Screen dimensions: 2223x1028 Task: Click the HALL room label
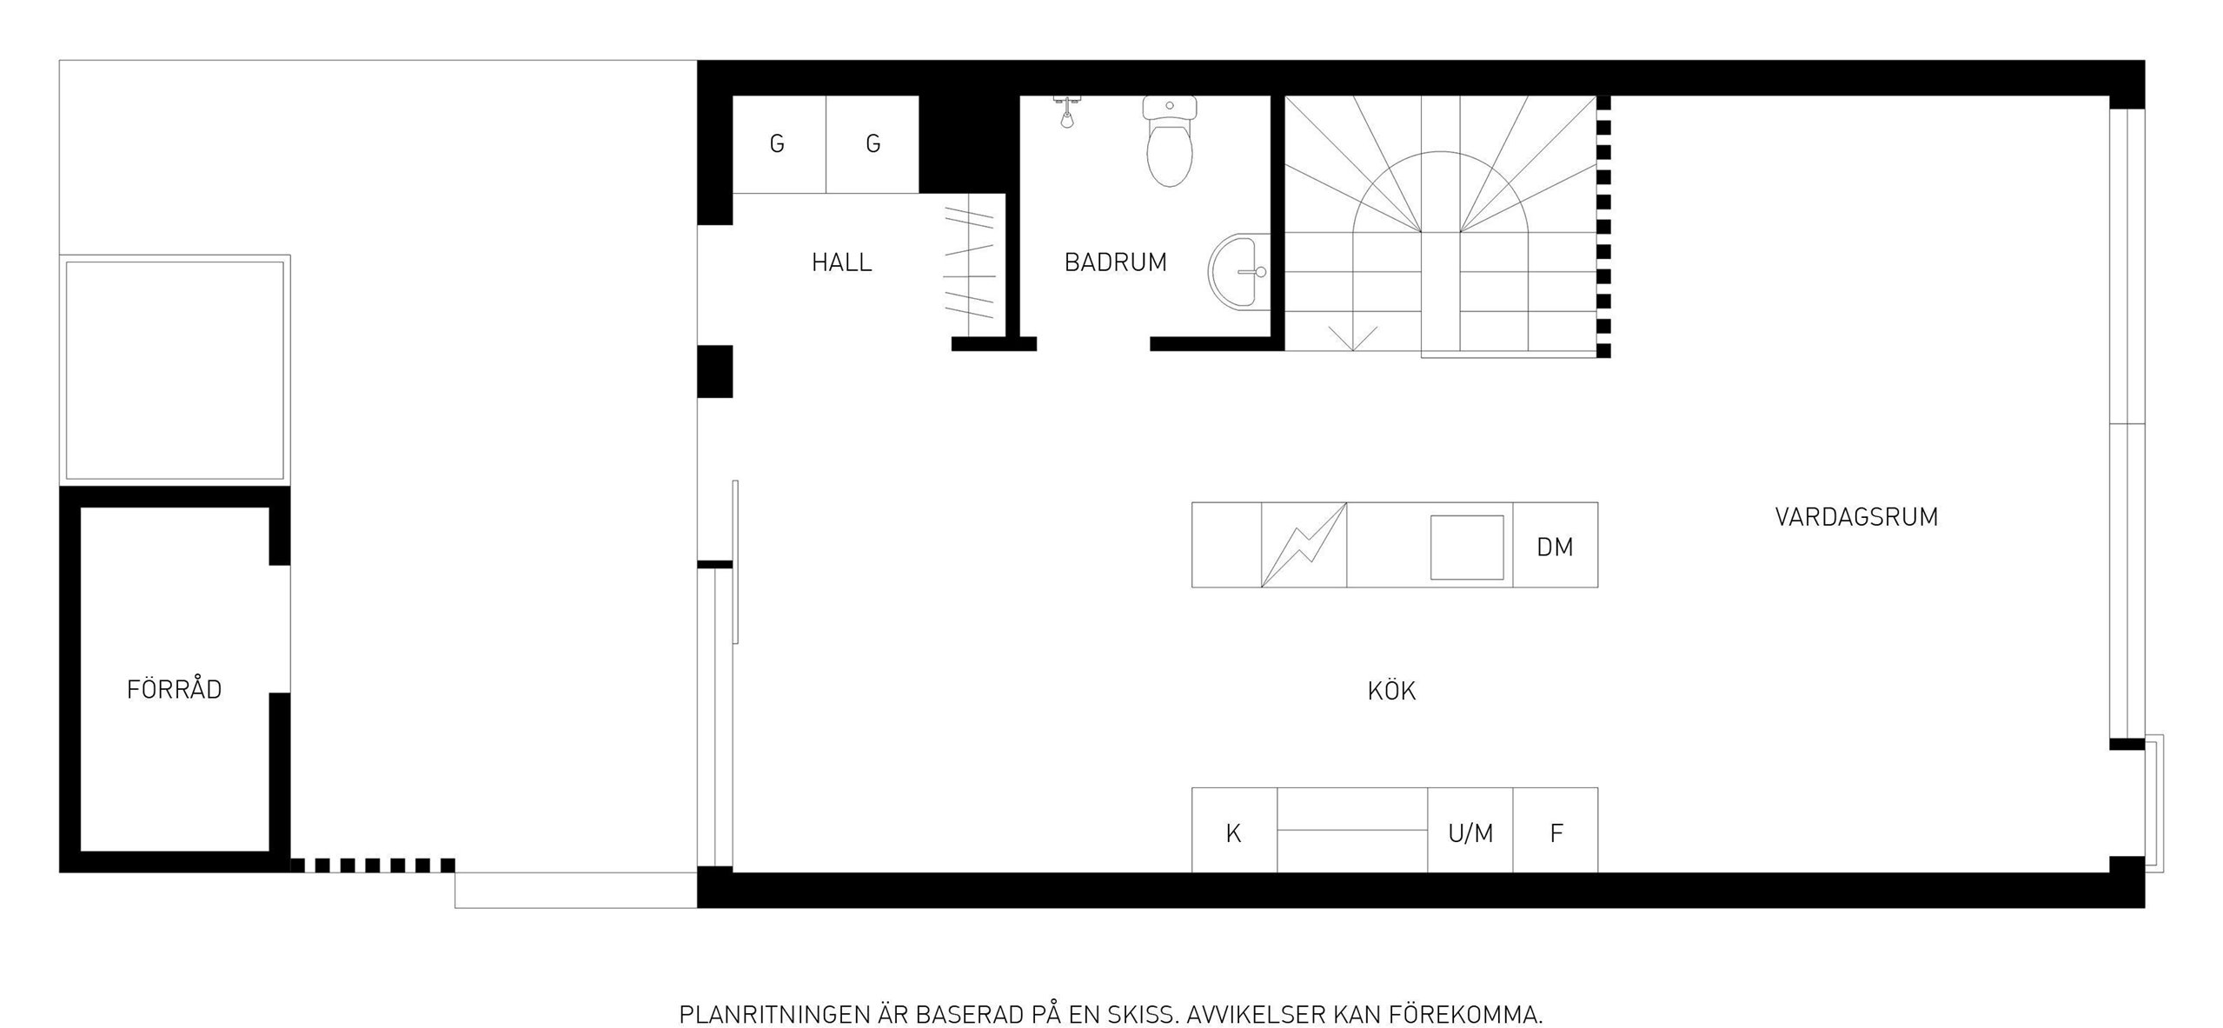[841, 262]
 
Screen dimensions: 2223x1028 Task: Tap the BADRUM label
[1115, 262]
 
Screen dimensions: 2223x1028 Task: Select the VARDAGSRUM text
[1856, 517]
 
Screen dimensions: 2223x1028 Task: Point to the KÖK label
[1391, 691]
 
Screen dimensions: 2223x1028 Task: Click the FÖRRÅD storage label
[174, 688]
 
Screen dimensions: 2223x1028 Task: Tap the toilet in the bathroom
[1170, 143]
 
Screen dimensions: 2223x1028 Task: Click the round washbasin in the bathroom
[1238, 272]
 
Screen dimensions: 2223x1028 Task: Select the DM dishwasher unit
[1555, 545]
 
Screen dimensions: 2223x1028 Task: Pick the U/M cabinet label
[1470, 833]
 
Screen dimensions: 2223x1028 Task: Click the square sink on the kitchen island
[1467, 547]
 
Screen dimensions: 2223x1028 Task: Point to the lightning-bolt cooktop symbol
[1304, 545]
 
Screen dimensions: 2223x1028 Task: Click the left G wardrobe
[779, 144]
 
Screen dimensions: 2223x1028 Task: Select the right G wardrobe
[872, 144]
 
